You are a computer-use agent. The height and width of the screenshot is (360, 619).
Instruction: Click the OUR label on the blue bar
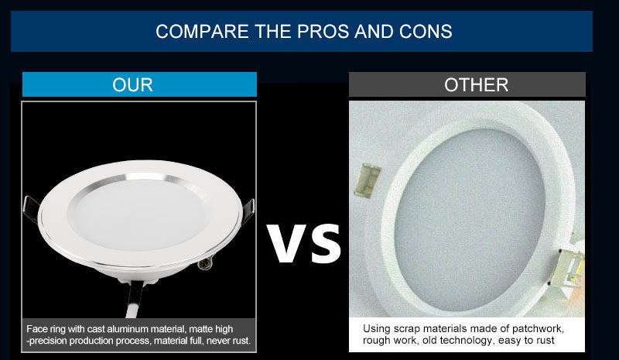132,84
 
